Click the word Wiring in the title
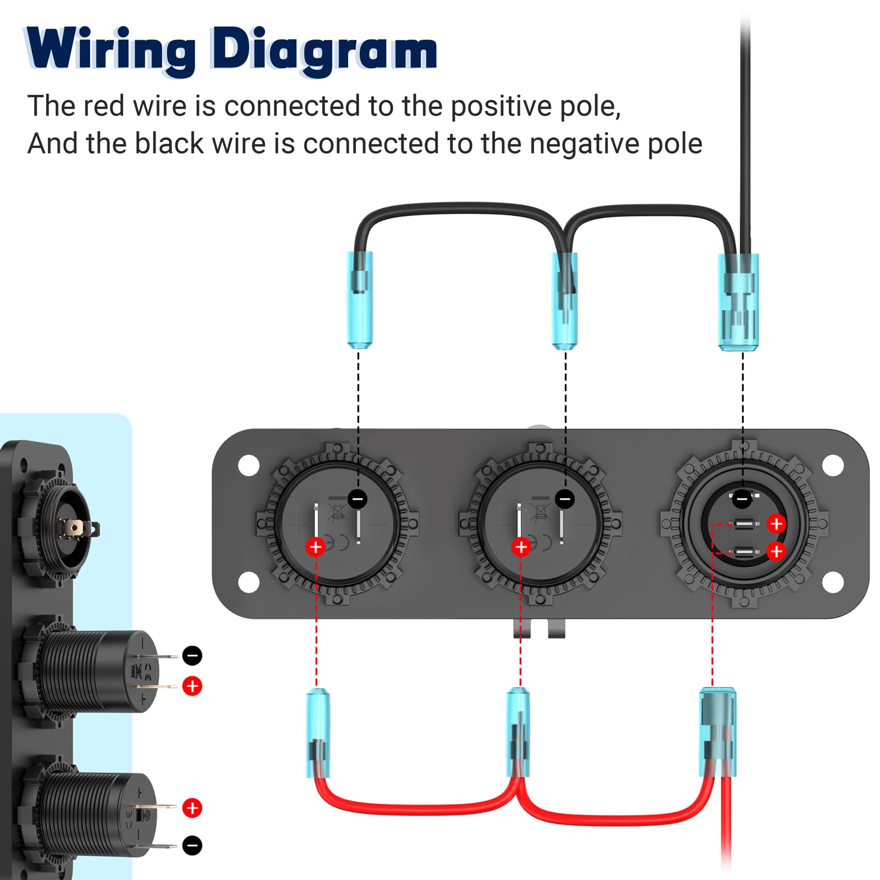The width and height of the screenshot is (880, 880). click(110, 50)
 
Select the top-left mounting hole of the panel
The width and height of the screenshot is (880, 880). click(249, 465)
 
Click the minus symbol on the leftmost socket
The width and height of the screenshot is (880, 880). click(358, 499)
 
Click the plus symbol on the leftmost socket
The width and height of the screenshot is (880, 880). click(316, 547)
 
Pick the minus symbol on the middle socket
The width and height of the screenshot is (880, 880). click(565, 499)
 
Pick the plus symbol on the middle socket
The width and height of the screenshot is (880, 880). click(521, 547)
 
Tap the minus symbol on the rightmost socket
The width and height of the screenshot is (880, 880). click(742, 499)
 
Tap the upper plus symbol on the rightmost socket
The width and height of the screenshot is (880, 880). click(776, 524)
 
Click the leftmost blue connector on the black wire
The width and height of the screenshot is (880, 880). click(360, 300)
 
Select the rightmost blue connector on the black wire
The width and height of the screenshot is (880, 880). click(739, 302)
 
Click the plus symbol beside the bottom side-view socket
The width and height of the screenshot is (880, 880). click(192, 808)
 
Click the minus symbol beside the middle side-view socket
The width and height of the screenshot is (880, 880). click(192, 656)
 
